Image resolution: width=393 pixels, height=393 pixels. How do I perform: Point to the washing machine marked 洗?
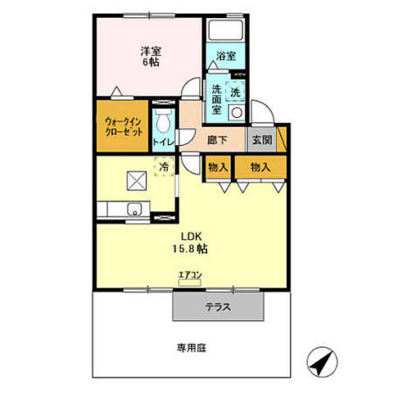(x=236, y=92)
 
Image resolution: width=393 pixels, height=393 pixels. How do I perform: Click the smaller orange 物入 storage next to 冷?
(x=217, y=167)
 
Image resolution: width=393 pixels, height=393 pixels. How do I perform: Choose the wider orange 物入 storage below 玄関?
(x=260, y=167)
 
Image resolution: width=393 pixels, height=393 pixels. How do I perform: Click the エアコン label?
(x=189, y=277)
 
